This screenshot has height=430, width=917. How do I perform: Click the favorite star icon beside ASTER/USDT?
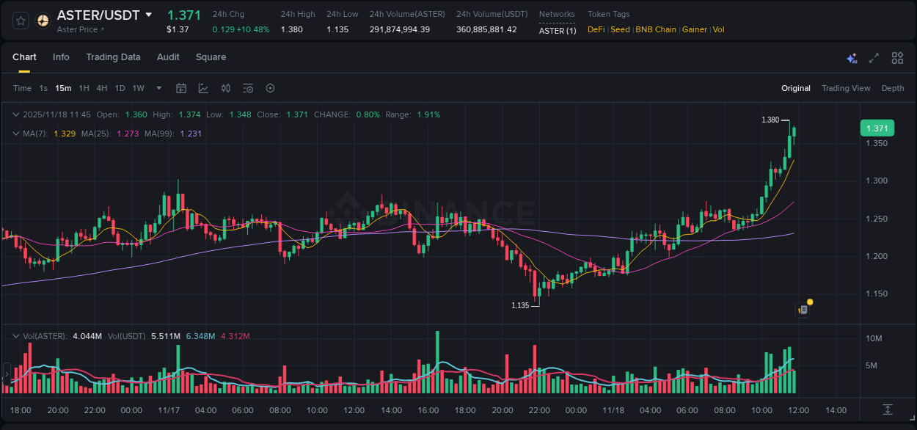tap(21, 21)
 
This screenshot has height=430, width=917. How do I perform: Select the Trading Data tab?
tap(113, 57)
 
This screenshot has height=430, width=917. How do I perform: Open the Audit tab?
tap(168, 57)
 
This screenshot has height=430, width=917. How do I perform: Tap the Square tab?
tap(211, 57)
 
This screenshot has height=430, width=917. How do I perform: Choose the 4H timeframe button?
tap(102, 89)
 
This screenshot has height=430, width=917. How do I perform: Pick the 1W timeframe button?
tap(138, 89)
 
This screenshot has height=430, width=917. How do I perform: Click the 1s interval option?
tap(43, 89)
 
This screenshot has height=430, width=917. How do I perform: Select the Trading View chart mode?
tap(846, 89)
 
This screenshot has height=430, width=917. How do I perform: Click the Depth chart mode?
tap(893, 89)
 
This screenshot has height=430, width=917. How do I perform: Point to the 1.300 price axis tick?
tap(877, 181)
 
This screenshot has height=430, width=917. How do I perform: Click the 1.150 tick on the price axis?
tap(877, 294)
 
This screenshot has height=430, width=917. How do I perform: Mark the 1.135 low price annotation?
tap(520, 305)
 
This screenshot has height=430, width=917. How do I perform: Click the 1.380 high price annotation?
tap(770, 120)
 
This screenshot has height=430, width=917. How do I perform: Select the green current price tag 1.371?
tap(877, 128)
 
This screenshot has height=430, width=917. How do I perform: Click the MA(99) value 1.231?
tap(191, 134)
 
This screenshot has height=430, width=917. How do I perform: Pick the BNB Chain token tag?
tap(656, 30)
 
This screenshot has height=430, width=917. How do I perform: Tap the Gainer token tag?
tap(695, 30)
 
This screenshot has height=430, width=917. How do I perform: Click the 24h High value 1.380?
tap(292, 30)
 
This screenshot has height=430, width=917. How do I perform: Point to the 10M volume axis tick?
tap(874, 338)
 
